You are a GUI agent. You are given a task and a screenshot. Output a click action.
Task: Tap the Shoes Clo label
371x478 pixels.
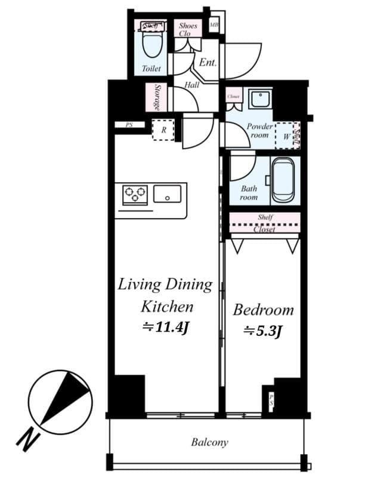[188, 29]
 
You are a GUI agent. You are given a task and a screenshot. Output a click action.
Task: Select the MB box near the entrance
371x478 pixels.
[214, 25]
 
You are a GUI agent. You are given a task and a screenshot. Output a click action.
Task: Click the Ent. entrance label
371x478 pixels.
[208, 62]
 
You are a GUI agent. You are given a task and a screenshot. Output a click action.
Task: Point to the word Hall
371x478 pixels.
[191, 85]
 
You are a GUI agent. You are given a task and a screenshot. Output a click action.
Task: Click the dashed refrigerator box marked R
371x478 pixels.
[163, 130]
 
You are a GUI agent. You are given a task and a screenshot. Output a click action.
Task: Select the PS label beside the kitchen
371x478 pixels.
[129, 125]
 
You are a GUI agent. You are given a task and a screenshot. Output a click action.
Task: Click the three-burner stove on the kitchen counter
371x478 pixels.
[135, 195]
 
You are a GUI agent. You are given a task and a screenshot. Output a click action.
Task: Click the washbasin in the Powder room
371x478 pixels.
[260, 99]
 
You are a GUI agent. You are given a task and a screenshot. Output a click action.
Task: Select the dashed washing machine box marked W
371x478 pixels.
[286, 135]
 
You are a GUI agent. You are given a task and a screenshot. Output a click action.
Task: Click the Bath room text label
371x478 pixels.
[249, 192]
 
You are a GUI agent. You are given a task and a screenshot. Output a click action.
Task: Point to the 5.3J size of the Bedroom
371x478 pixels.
[262, 330]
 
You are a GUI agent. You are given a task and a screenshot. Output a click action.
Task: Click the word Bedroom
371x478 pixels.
[263, 310]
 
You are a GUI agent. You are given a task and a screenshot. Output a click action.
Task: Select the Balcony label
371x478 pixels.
[209, 443]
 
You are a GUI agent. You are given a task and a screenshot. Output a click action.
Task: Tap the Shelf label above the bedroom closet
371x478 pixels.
[265, 217]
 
